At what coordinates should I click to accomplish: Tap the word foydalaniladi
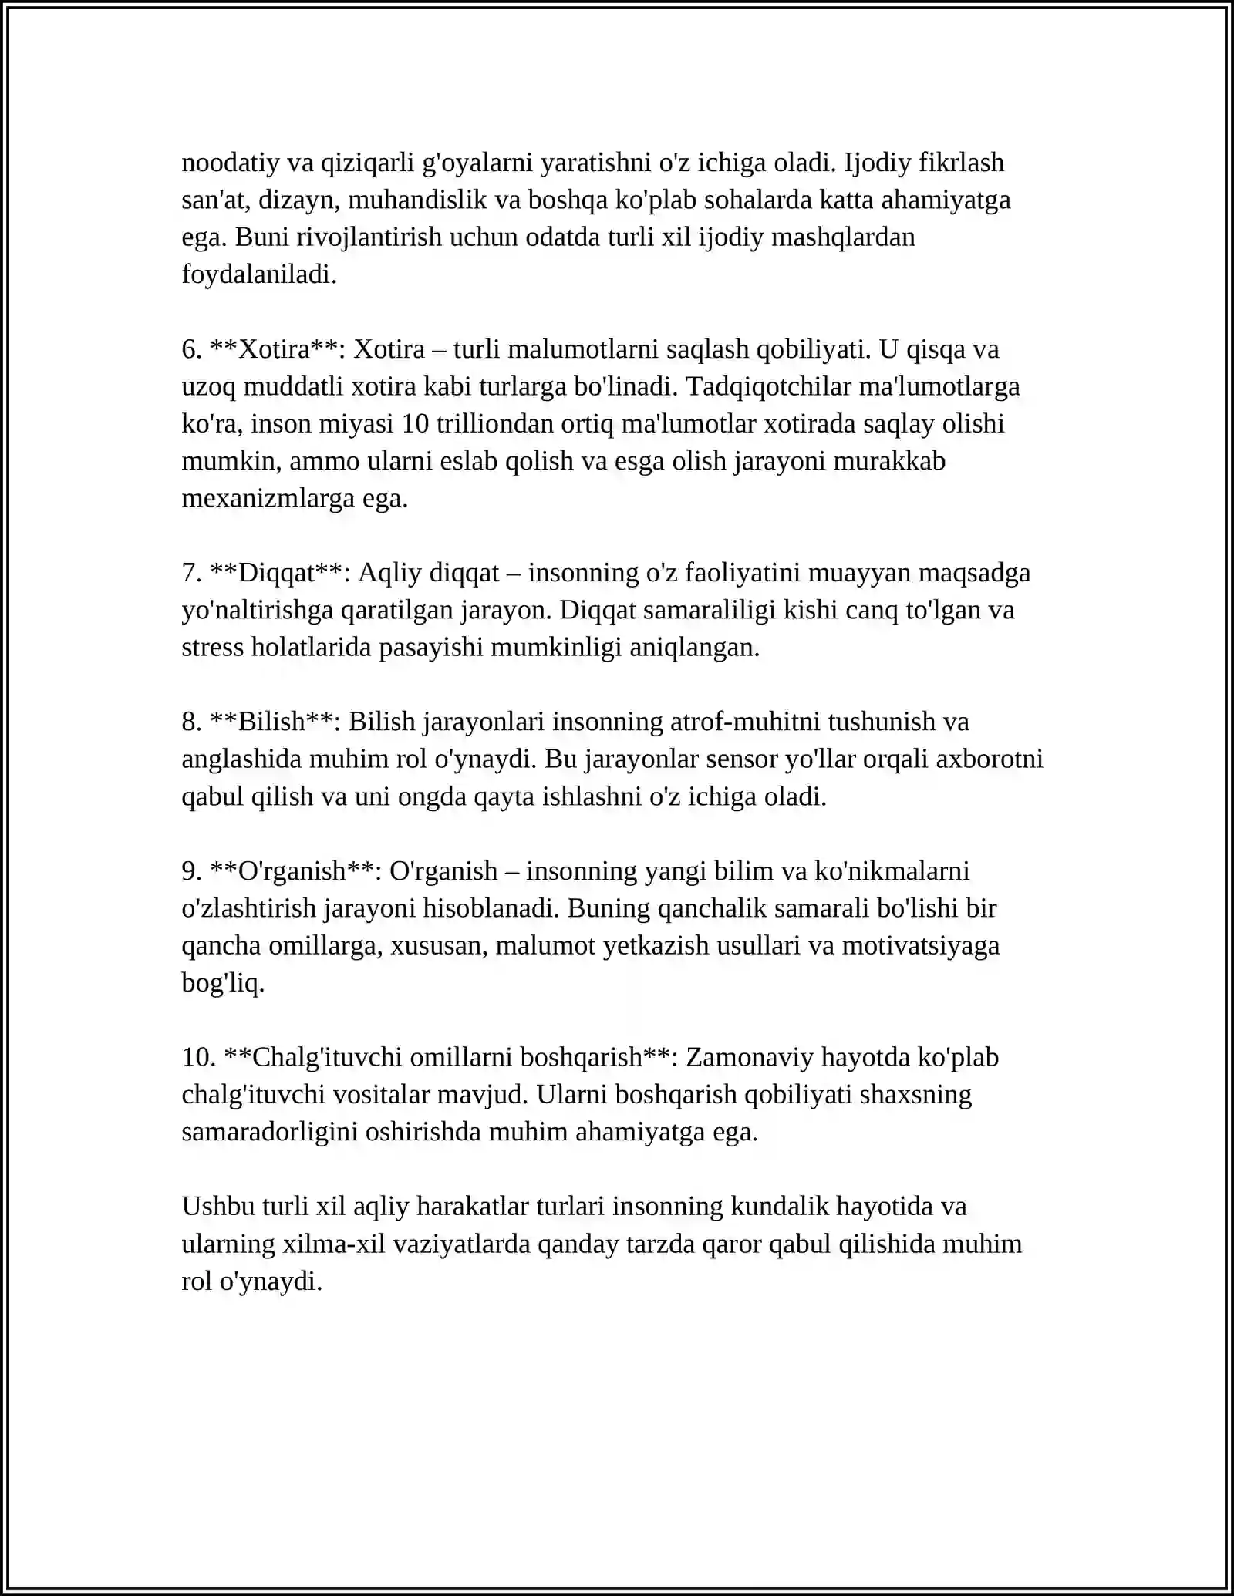pyautogui.click(x=259, y=274)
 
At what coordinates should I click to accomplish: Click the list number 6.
pyautogui.click(x=191, y=349)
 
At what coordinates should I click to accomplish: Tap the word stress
pyautogui.click(x=213, y=648)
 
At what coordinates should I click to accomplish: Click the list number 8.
pyautogui.click(x=191, y=722)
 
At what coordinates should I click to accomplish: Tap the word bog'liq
pyautogui.click(x=223, y=983)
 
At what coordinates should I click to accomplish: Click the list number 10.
pyautogui.click(x=198, y=1058)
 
